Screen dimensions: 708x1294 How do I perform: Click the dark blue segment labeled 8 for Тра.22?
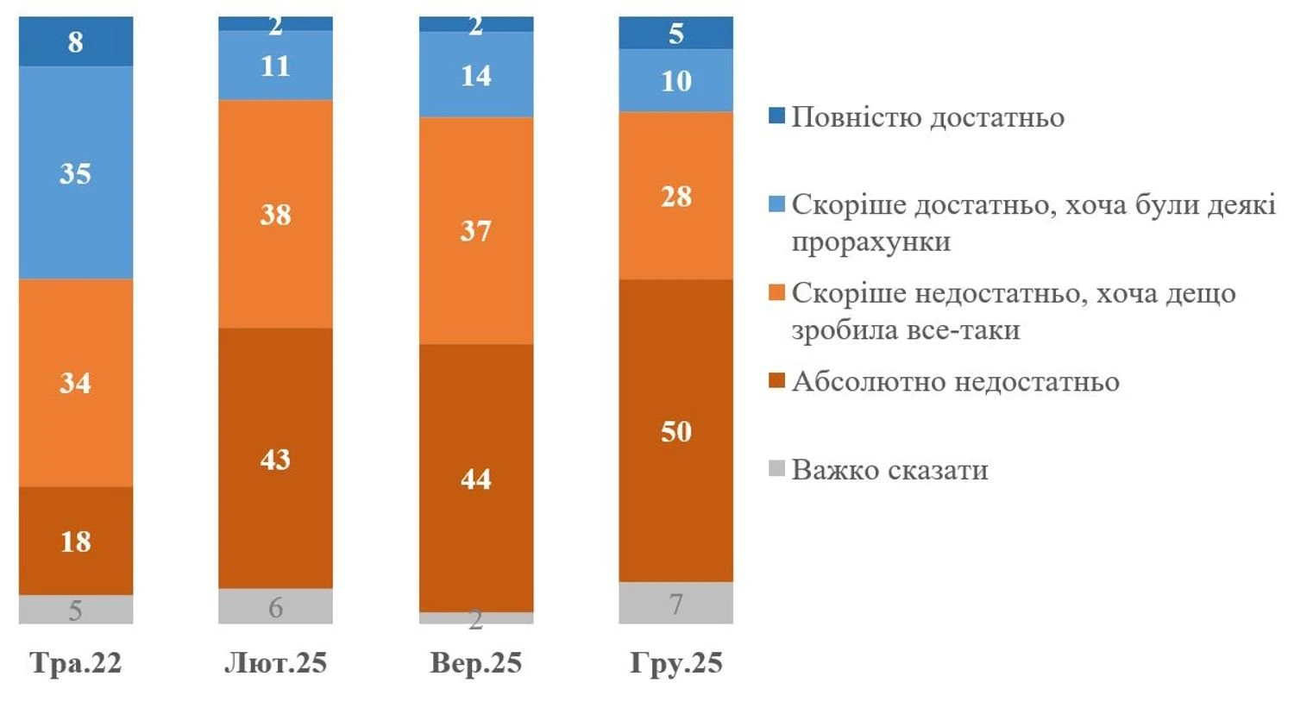[x=76, y=41]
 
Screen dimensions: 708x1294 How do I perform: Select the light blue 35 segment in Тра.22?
[x=76, y=172]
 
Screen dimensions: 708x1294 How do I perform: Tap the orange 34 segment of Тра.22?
[x=76, y=382]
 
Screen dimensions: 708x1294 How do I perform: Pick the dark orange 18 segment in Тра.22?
[x=76, y=541]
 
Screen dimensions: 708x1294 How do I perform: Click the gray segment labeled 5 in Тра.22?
[x=76, y=610]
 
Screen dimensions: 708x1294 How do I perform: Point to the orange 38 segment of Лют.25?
[x=275, y=214]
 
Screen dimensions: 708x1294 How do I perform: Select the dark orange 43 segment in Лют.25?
[x=275, y=458]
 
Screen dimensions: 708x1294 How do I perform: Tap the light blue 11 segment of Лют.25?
[x=275, y=66]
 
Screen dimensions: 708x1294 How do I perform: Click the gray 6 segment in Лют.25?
[x=275, y=606]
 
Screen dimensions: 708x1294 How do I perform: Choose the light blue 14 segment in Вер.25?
[x=475, y=75]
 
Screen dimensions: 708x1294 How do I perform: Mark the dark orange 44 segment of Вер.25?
[x=475, y=478]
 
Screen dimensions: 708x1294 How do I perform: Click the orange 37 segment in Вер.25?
[x=475, y=230]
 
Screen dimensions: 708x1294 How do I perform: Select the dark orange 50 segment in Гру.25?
[x=675, y=430]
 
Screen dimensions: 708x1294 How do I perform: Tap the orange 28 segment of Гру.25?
[x=675, y=196]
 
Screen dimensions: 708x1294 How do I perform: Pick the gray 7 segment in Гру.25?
[x=675, y=603]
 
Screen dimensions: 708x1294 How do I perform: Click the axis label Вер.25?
[x=475, y=662]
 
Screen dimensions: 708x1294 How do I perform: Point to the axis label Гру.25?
[x=675, y=662]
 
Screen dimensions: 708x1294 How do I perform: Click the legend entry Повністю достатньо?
[x=927, y=117]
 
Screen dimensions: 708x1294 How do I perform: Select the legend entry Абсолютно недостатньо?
[x=955, y=381]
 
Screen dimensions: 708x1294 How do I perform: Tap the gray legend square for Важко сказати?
[x=777, y=469]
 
